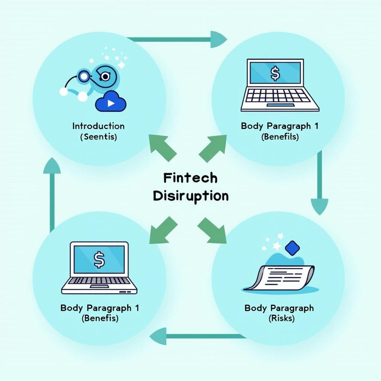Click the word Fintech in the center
click(190, 178)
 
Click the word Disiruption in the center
click(190, 196)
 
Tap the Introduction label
click(98, 126)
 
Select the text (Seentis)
click(98, 137)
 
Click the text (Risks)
click(279, 318)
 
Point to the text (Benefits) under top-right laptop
click(280, 137)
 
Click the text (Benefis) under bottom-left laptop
click(100, 318)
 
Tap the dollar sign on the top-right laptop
click(275, 74)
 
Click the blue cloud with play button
click(110, 102)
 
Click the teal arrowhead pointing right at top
click(218, 39)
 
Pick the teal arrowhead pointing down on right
click(319, 206)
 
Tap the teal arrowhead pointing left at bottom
click(158, 336)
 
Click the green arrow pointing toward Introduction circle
click(162, 148)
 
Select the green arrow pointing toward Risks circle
click(213, 230)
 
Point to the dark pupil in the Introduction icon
click(105, 77)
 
